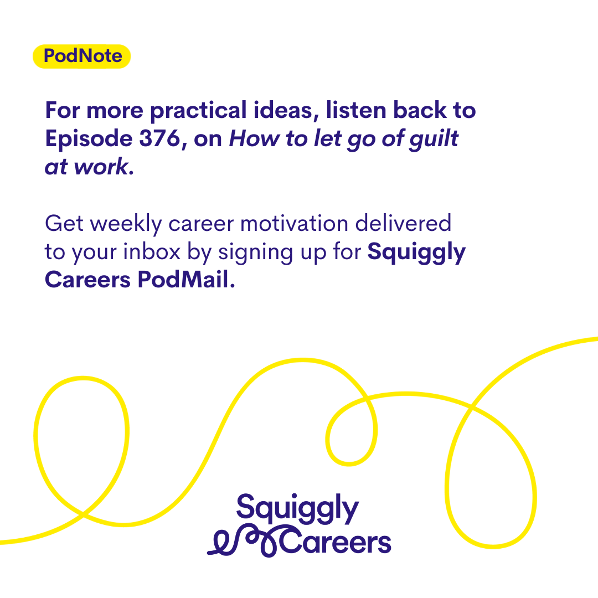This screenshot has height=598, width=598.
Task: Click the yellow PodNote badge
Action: (81, 56)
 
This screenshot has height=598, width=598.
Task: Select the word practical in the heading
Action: (198, 111)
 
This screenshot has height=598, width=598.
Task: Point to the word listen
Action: (356, 110)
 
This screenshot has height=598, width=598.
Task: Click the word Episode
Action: (89, 139)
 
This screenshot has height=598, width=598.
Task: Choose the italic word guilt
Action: (434, 139)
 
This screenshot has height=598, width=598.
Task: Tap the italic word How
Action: (254, 138)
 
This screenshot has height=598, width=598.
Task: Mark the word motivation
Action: (295, 224)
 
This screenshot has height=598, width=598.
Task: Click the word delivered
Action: (404, 223)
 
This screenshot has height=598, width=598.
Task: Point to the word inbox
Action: (151, 252)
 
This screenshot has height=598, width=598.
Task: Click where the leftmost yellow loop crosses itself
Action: (83, 514)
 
